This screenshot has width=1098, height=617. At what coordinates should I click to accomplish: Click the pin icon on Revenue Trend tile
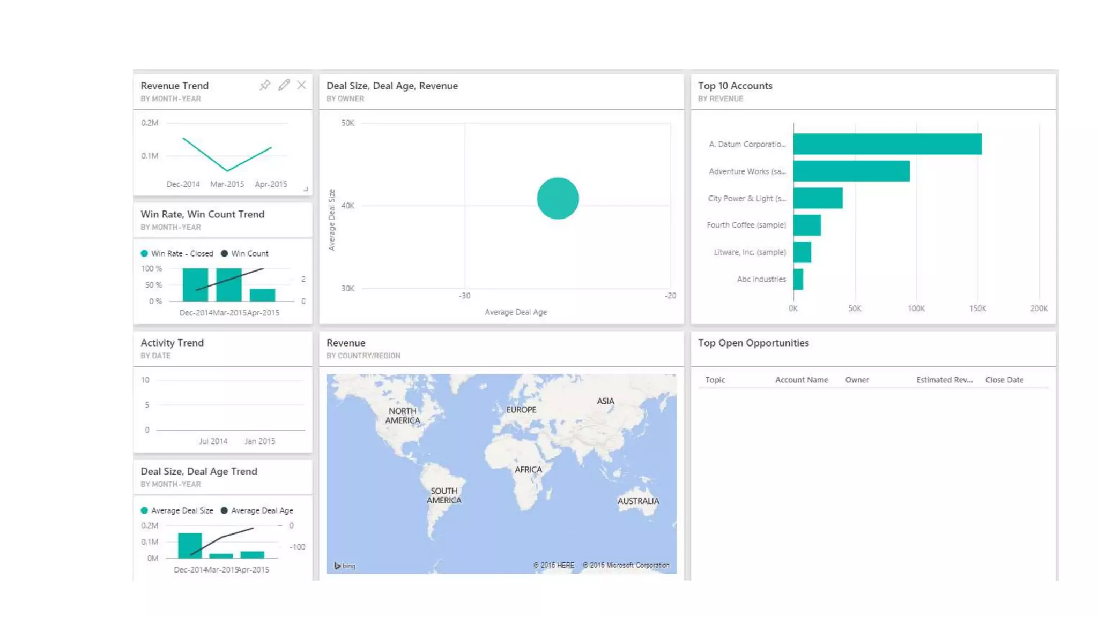pos(265,85)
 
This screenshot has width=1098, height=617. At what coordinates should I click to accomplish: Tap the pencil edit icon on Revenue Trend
pos(284,85)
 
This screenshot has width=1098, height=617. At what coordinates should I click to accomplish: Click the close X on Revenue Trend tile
pos(302,85)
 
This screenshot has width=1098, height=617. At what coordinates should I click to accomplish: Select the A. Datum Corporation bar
pos(887,144)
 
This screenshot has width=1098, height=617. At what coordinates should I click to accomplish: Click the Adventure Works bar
pos(851,171)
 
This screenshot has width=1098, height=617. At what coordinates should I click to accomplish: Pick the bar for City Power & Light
pos(818,198)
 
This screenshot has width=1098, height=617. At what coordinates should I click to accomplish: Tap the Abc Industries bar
pos(798,279)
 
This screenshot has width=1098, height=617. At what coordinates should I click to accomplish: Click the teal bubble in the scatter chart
pos(558,198)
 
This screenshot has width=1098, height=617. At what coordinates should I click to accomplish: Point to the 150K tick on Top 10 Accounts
pos(977,308)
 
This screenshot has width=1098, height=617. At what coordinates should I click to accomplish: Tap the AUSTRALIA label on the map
pos(638,501)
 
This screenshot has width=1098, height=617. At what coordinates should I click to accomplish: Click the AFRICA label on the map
pos(528,470)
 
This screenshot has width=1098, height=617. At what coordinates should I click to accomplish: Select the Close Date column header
pos(1004,380)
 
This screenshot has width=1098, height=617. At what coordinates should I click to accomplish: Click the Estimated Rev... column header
pos(944,380)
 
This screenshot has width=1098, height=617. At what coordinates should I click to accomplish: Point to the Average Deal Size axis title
pos(332,220)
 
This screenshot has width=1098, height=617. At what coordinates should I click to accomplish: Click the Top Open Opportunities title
pos(753,343)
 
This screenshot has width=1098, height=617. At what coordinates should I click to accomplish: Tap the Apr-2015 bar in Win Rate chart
pos(262,295)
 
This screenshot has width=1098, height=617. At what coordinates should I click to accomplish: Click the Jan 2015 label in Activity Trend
pos(260,441)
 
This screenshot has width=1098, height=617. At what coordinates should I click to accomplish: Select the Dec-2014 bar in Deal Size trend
pos(190,545)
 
